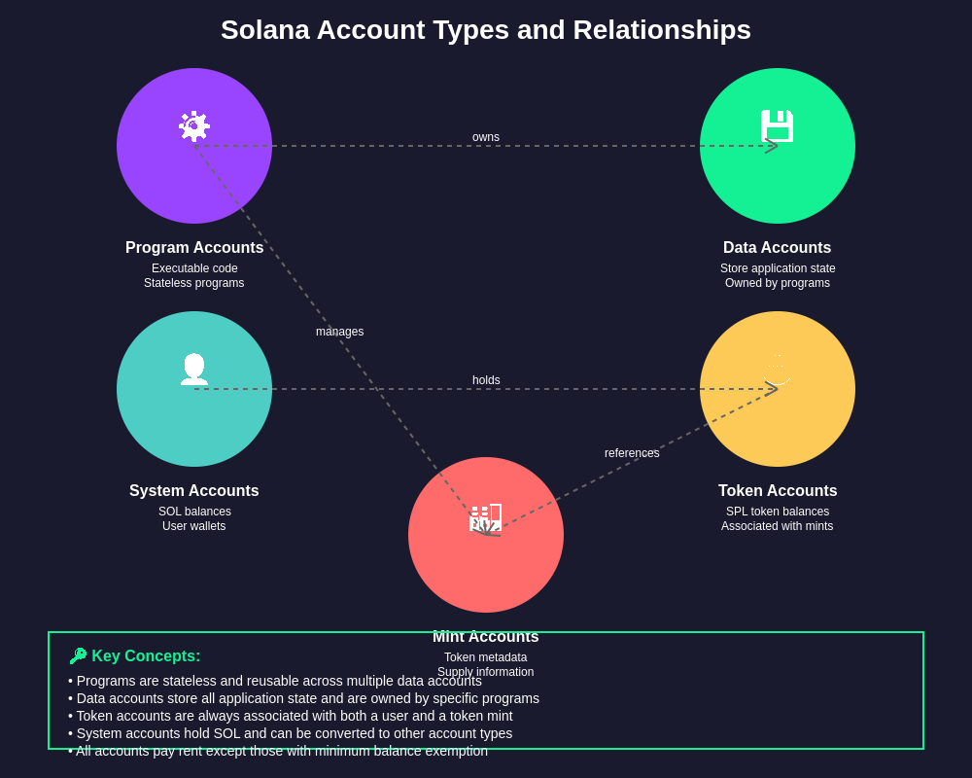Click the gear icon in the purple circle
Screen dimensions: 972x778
[194, 126]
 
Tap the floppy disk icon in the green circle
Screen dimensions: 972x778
[778, 126]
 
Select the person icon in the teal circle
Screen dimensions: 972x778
[194, 369]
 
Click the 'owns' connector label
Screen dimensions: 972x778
[486, 137]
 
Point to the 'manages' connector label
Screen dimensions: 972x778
[339, 332]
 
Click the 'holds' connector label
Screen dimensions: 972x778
[486, 380]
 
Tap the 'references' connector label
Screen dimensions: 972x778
[632, 453]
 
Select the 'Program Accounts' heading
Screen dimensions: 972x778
[194, 248]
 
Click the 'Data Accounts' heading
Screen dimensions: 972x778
[778, 248]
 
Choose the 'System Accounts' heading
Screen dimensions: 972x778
[194, 491]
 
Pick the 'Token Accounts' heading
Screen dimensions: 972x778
[778, 491]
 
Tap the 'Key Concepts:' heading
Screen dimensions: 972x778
[146, 656]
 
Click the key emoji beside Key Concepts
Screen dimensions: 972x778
[78, 656]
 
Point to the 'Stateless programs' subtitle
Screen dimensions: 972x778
[194, 283]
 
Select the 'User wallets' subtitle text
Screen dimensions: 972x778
[194, 526]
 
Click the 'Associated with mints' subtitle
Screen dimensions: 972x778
[778, 526]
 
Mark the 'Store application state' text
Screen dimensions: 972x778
[778, 268]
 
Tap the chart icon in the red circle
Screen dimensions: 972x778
[486, 518]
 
